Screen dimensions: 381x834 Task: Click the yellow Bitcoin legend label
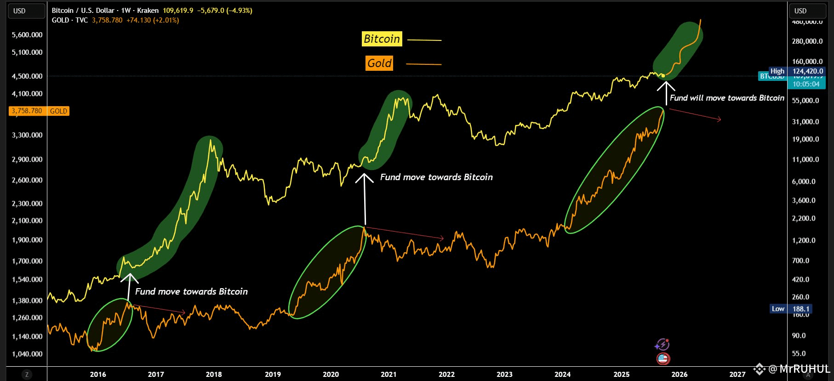coord(382,39)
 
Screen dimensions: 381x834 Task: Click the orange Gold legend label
coord(379,63)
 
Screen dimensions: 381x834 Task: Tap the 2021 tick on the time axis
coord(388,374)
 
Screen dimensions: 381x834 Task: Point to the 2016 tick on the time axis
coord(98,374)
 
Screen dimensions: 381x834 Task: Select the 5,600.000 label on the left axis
coord(27,35)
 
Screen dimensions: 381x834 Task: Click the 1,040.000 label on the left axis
coord(27,354)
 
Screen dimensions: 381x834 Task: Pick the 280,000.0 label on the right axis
coord(807,41)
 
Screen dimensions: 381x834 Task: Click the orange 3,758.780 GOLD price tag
coord(39,111)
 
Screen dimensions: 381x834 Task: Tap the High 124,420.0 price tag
coord(797,71)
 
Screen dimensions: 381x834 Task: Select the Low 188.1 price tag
coord(797,309)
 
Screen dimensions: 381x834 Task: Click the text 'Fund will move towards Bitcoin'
coord(727,98)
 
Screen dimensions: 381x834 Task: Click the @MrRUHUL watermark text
coord(799,369)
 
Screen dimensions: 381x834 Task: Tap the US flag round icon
coord(663,358)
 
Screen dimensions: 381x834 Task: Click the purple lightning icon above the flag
coord(662,344)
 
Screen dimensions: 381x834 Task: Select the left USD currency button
coord(27,11)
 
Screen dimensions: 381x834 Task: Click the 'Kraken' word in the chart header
coord(148,11)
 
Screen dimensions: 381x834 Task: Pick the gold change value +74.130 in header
coord(139,20)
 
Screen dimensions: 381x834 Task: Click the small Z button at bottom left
coord(27,375)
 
